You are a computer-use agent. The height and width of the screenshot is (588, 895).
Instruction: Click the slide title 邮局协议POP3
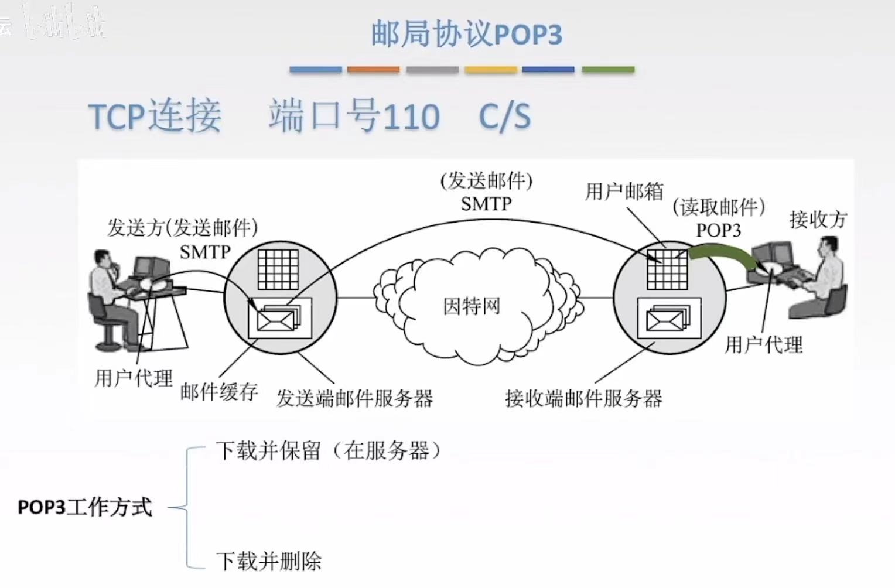pos(466,34)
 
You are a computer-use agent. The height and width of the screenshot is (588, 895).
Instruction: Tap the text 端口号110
pos(354,116)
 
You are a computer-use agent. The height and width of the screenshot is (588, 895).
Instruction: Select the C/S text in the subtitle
pos(504,116)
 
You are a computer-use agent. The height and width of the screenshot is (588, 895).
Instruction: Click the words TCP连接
pos(155,116)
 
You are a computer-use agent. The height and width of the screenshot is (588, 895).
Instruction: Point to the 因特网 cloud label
pos(472,306)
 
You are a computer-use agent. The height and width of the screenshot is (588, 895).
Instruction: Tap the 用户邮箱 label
pos(624,191)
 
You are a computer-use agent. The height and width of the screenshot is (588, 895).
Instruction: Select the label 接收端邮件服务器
pos(583,399)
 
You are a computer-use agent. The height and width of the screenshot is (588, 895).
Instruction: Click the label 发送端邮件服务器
pos(354,399)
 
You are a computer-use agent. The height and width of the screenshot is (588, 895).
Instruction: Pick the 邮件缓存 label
pos(218,392)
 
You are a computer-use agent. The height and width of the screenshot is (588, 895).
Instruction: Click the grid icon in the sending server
pos(278,269)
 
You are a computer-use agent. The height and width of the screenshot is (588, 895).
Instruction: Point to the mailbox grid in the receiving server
pos(667,269)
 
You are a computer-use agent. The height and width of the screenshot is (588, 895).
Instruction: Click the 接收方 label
pos(818,220)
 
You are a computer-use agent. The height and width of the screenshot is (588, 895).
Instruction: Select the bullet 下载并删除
pos(269,561)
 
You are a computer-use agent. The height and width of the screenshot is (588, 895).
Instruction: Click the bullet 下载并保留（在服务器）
pos(328,450)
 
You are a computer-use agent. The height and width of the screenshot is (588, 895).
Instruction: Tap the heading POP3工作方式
pos(85,507)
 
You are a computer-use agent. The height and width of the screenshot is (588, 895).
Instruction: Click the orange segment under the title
pos(373,70)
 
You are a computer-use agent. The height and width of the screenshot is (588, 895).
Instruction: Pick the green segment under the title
pos(608,70)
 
